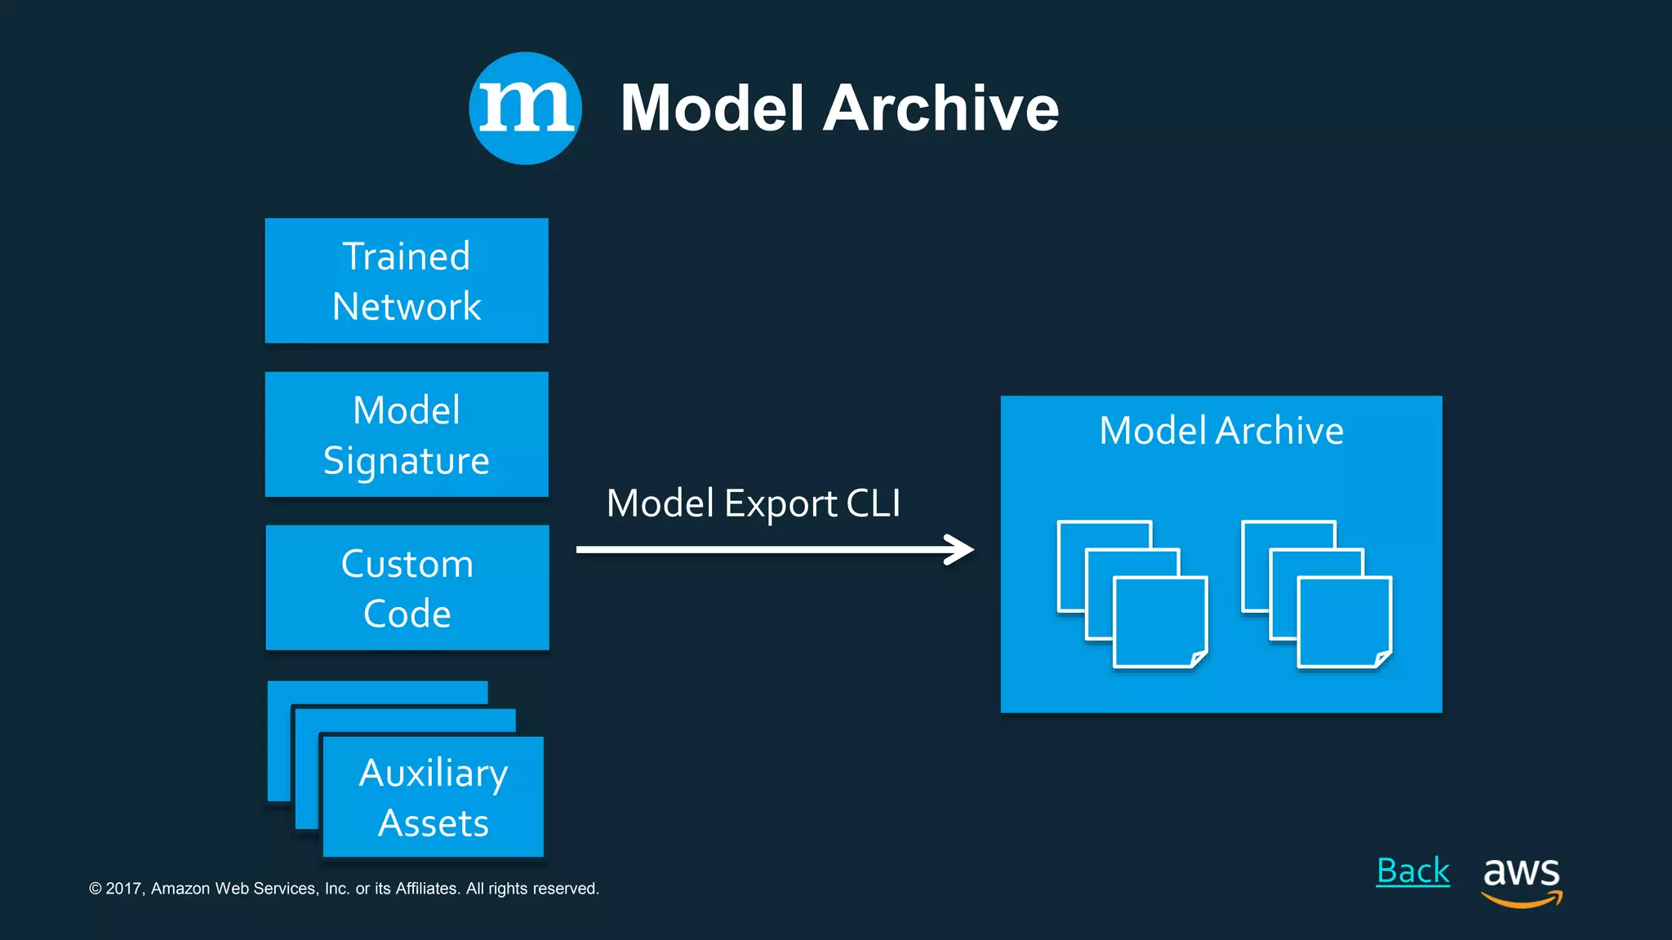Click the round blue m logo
click(x=525, y=109)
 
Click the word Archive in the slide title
click(x=940, y=109)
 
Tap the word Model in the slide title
click(x=712, y=109)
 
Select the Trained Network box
click(x=407, y=281)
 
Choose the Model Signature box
click(x=407, y=434)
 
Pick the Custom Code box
click(x=407, y=587)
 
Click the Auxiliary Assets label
click(x=434, y=797)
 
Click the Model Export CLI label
click(x=753, y=503)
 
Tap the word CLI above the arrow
click(x=873, y=503)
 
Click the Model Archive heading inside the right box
click(x=1221, y=430)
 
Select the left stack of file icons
click(x=1132, y=594)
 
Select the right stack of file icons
click(x=1316, y=594)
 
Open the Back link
click(x=1412, y=871)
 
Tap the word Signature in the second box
click(x=407, y=461)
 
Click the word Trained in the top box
click(x=407, y=256)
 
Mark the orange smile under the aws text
click(x=1520, y=901)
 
